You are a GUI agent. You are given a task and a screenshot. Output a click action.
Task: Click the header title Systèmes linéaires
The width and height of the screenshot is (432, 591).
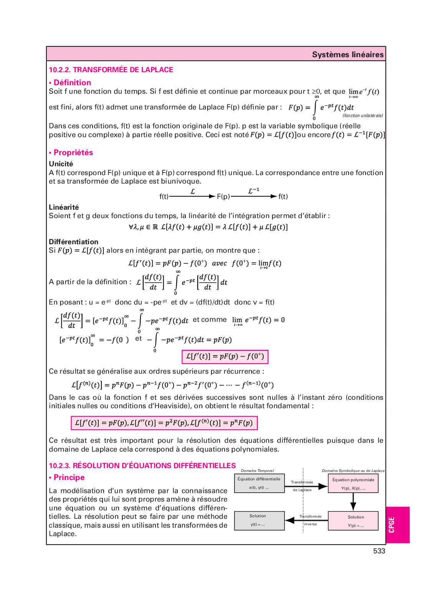348,55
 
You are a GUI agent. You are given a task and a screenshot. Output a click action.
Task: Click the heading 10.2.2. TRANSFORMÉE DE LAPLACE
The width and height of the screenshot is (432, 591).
111,70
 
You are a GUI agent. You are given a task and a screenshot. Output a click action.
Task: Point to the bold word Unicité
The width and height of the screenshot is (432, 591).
61,164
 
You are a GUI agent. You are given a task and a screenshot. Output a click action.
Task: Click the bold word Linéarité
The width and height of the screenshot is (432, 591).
64,207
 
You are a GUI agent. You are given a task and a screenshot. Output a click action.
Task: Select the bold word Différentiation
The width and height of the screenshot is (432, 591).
73,242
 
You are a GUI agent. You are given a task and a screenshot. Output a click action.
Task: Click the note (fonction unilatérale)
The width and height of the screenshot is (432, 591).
362,116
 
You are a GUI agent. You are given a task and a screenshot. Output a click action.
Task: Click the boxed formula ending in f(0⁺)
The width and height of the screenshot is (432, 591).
225,356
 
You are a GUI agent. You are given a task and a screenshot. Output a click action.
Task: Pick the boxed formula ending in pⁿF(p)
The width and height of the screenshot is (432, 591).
164,423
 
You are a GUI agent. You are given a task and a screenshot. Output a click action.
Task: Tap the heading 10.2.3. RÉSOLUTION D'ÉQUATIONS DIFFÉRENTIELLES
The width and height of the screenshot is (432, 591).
142,465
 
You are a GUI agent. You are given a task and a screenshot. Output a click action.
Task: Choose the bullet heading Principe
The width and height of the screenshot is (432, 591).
69,477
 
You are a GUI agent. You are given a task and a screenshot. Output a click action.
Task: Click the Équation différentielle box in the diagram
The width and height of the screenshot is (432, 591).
259,483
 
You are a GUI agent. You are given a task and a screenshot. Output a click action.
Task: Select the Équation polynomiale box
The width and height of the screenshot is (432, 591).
353,483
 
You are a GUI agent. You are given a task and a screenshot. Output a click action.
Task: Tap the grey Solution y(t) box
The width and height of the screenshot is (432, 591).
259,520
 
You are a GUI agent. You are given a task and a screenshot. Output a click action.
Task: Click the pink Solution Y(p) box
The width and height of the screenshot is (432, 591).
353,521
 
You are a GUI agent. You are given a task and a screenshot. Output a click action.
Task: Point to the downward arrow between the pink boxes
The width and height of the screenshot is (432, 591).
353,502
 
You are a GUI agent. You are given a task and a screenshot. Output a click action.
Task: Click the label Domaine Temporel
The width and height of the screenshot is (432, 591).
257,470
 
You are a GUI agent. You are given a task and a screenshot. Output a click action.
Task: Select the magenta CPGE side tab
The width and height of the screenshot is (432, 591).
397,525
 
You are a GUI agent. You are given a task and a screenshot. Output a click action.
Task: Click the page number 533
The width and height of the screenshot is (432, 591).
379,551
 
